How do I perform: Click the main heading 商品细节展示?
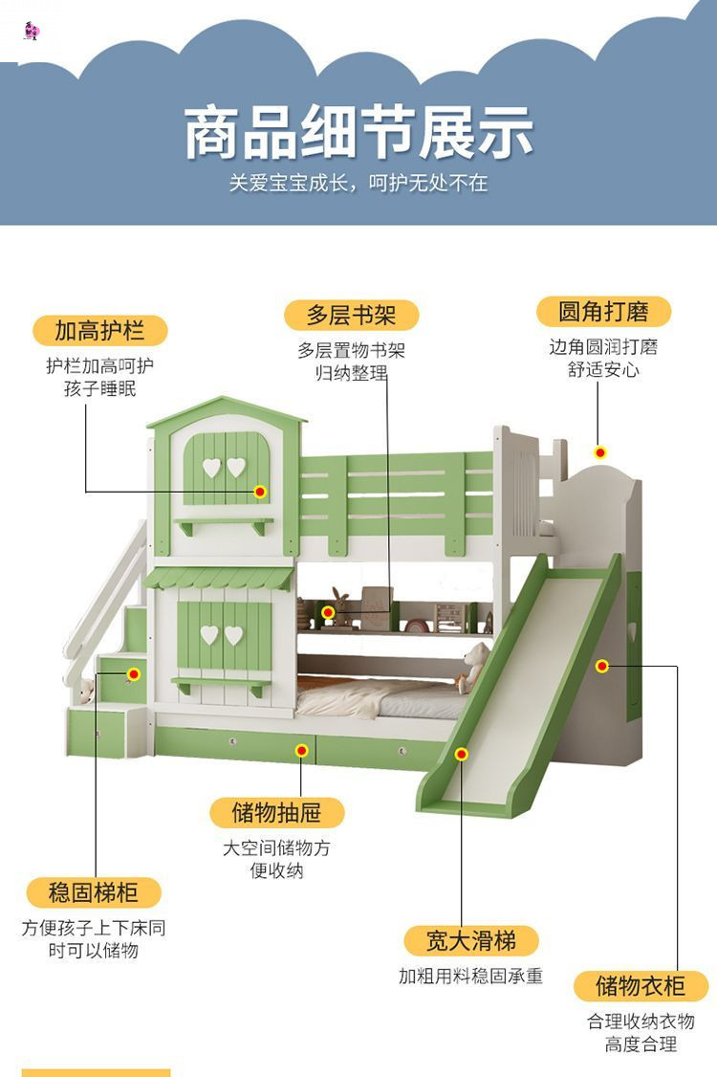point(358,134)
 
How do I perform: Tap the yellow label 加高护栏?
point(99,331)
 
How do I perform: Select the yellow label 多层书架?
point(352,315)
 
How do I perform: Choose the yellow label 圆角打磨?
point(603,311)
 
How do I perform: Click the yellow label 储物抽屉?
point(276,813)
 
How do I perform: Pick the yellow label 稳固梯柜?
point(94,893)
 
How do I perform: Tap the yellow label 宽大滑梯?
point(470,940)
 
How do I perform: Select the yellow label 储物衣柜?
point(641,985)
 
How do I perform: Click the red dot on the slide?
point(462,755)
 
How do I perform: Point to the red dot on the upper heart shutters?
point(260,492)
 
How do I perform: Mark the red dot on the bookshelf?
point(328,612)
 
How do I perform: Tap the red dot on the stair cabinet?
point(134,674)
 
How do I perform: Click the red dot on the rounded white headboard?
point(600,452)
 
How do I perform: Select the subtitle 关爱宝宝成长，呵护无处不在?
point(358,183)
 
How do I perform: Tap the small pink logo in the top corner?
point(31,31)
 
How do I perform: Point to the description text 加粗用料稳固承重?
point(470,977)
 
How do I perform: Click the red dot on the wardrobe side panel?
point(602,666)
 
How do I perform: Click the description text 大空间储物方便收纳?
point(276,859)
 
